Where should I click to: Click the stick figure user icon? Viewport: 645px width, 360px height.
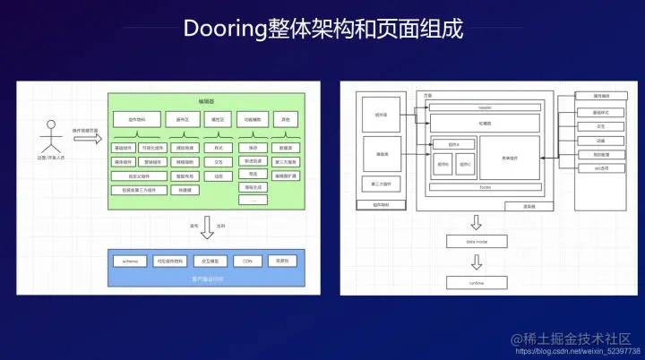point(51,135)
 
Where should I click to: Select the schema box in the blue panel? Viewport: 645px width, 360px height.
point(125,261)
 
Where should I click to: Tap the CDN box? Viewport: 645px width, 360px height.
point(247,261)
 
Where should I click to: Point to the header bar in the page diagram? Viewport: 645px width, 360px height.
point(485,107)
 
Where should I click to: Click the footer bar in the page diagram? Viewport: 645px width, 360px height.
point(485,187)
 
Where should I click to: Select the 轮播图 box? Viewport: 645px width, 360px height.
point(485,123)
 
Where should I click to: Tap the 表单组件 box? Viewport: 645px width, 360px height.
point(510,157)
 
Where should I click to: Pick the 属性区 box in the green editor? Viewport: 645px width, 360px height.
point(217,119)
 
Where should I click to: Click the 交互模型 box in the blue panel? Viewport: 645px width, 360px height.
point(208,261)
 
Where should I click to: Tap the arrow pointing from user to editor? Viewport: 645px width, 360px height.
point(87,140)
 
